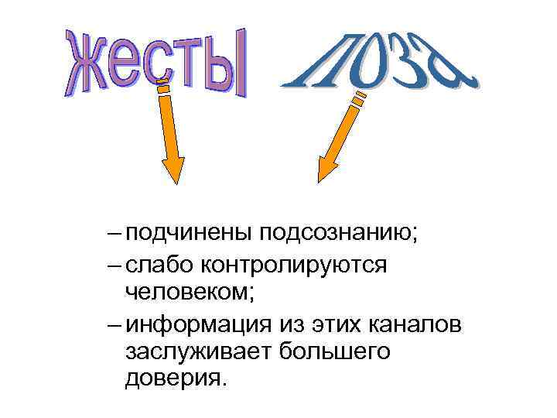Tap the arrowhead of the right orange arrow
pyautogui.click(x=328, y=165)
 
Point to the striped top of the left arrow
pyautogui.click(x=162, y=86)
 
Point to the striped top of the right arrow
pyautogui.click(x=359, y=98)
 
